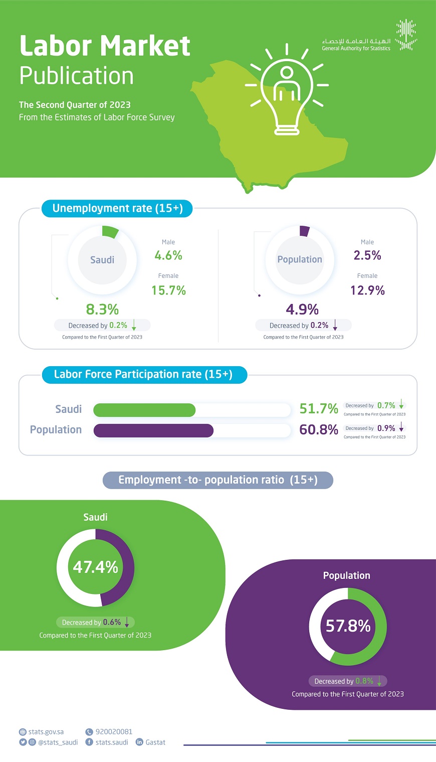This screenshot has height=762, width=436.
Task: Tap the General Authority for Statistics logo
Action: click(406, 35)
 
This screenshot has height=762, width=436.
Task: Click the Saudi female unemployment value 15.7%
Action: click(168, 290)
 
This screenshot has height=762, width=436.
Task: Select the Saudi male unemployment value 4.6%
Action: click(168, 256)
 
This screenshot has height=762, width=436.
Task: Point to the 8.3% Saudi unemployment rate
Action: click(102, 310)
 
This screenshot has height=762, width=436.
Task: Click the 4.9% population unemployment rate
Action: click(302, 310)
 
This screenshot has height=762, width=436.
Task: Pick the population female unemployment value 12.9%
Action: click(367, 290)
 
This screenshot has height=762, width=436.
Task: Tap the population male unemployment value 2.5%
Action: click(367, 256)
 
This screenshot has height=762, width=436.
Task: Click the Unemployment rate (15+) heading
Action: click(117, 209)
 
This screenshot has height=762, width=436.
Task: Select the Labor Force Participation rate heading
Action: click(143, 375)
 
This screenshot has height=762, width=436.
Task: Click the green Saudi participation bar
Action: click(144, 410)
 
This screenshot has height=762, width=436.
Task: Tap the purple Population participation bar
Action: click(153, 430)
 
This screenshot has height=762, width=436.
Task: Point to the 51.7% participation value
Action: click(319, 409)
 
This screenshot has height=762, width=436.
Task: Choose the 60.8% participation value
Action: click(319, 430)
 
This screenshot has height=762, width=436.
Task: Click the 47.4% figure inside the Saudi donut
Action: click(95, 567)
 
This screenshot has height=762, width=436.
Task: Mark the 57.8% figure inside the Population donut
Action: click(348, 626)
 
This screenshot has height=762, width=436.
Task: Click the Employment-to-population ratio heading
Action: click(217, 480)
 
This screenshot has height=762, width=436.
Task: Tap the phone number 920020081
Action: click(114, 732)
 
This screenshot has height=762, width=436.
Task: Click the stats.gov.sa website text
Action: click(46, 732)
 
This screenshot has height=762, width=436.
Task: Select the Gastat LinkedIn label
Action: click(155, 742)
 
